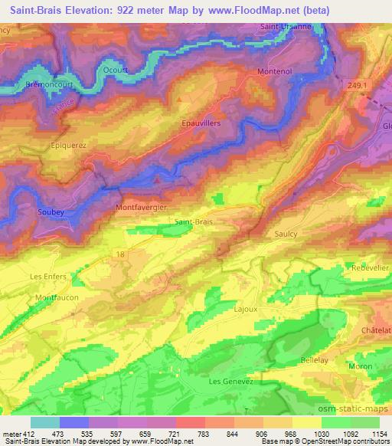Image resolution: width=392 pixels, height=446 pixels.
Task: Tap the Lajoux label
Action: coord(245,310)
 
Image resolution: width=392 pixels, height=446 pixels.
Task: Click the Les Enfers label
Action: coord(47,275)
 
